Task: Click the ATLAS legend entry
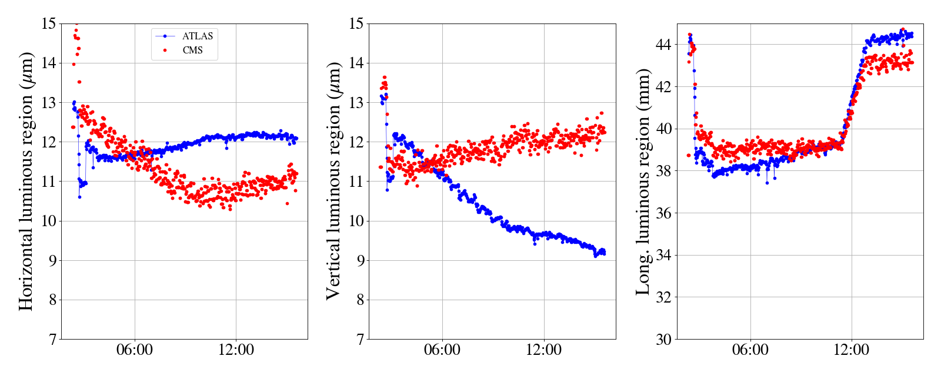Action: pos(197,36)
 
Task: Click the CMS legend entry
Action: pos(192,50)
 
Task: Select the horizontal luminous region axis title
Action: pos(26,182)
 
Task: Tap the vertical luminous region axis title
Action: pos(333,182)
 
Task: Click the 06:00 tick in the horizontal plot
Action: pos(135,350)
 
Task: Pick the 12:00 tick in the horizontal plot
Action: pos(236,350)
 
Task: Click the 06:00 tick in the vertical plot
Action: pos(442,350)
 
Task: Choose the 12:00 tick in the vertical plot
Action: pos(543,350)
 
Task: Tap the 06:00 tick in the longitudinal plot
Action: pos(750,350)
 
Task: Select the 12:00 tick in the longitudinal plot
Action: pos(852,350)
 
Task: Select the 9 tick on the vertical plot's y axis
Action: pos(359,260)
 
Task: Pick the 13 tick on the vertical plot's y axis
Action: pos(356,103)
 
